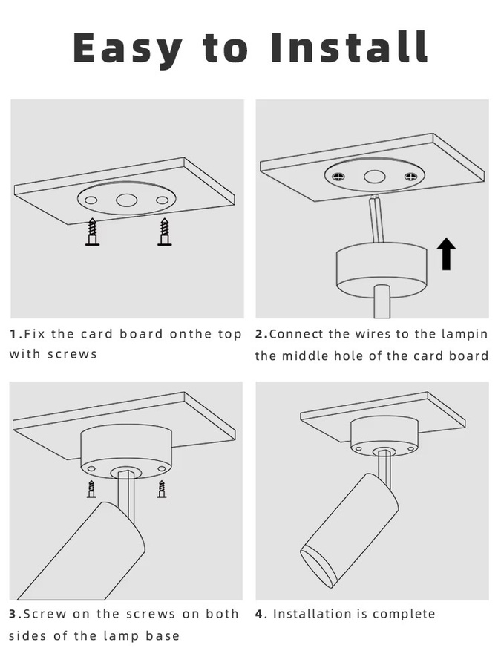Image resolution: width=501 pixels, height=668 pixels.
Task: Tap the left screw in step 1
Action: click(92, 232)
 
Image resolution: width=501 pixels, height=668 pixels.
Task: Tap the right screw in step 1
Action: click(165, 232)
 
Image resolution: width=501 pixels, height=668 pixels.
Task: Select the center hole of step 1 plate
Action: click(125, 200)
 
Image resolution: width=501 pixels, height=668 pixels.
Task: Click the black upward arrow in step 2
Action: click(446, 254)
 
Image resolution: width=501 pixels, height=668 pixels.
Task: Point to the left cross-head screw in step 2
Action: click(339, 175)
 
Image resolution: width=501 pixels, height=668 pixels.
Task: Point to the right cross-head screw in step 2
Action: click(410, 175)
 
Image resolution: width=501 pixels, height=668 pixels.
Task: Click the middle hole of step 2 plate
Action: click(375, 177)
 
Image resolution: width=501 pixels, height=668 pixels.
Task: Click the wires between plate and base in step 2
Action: click(376, 220)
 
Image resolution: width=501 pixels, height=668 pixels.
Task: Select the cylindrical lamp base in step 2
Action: click(382, 269)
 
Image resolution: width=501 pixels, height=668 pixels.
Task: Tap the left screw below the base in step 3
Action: click(91, 489)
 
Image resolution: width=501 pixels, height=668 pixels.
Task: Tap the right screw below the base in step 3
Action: click(162, 489)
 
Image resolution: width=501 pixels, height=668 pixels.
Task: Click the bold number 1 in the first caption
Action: click(13, 333)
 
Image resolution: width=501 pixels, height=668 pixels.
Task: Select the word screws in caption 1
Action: click(73, 354)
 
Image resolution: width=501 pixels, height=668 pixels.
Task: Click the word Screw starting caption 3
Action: click(45, 614)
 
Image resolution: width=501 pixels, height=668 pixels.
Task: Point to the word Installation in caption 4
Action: click(312, 614)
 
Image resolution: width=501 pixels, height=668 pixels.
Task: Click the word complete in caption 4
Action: click(404, 615)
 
